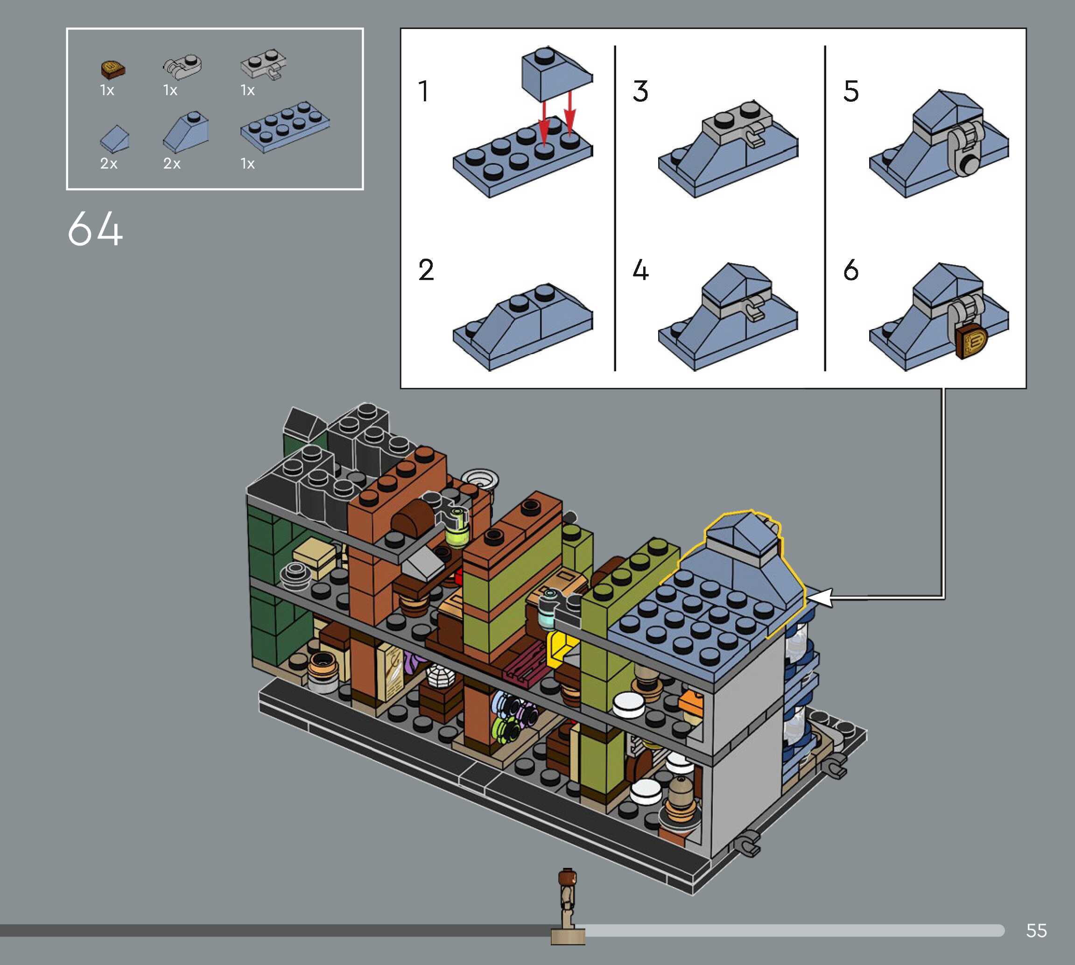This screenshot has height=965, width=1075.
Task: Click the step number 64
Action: (x=95, y=228)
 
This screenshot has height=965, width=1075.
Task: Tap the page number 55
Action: (x=1036, y=930)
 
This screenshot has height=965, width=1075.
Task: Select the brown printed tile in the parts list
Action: (x=112, y=69)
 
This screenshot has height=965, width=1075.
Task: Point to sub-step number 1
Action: (x=423, y=91)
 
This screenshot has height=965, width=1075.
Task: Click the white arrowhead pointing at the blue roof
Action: (x=819, y=598)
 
